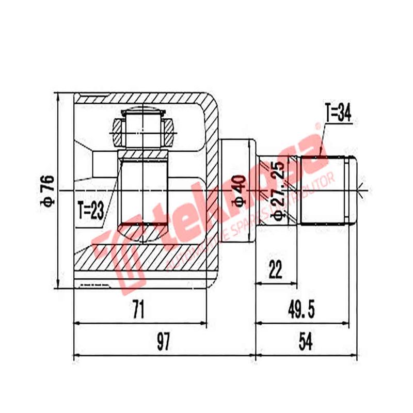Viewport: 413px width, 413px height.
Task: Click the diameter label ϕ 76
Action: [48, 190]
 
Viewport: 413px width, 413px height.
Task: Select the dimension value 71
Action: [138, 310]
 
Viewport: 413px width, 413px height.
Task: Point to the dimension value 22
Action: [276, 269]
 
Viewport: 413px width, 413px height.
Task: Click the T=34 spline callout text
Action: [338, 114]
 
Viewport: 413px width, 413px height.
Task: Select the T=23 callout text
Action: [91, 210]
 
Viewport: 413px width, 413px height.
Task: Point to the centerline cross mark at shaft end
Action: [364, 190]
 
